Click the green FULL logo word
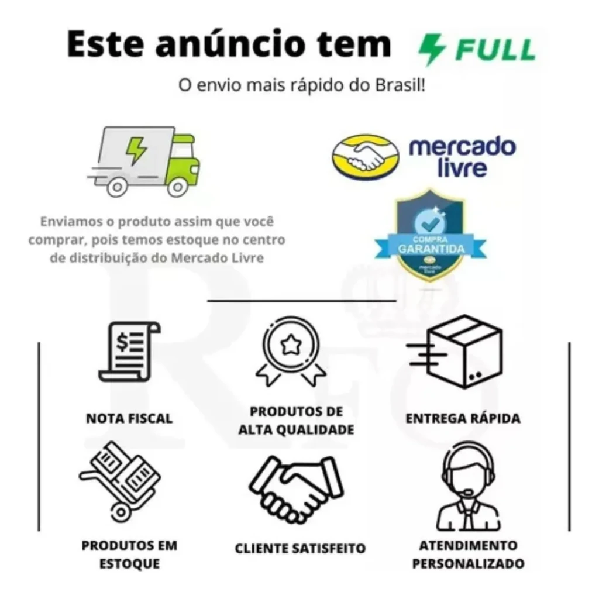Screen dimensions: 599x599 [495, 49]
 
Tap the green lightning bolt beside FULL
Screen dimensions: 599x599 [432, 49]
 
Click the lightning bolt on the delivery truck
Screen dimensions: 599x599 [137, 150]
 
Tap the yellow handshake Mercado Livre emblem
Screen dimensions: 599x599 [365, 156]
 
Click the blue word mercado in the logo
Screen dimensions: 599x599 [462, 146]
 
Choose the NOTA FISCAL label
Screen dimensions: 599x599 [129, 418]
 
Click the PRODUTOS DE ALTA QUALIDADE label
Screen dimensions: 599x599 [297, 421]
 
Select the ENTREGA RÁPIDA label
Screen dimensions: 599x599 [463, 418]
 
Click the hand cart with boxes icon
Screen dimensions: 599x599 [121, 481]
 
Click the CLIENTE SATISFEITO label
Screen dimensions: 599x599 [300, 548]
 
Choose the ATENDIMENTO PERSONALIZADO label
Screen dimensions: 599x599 [468, 555]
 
